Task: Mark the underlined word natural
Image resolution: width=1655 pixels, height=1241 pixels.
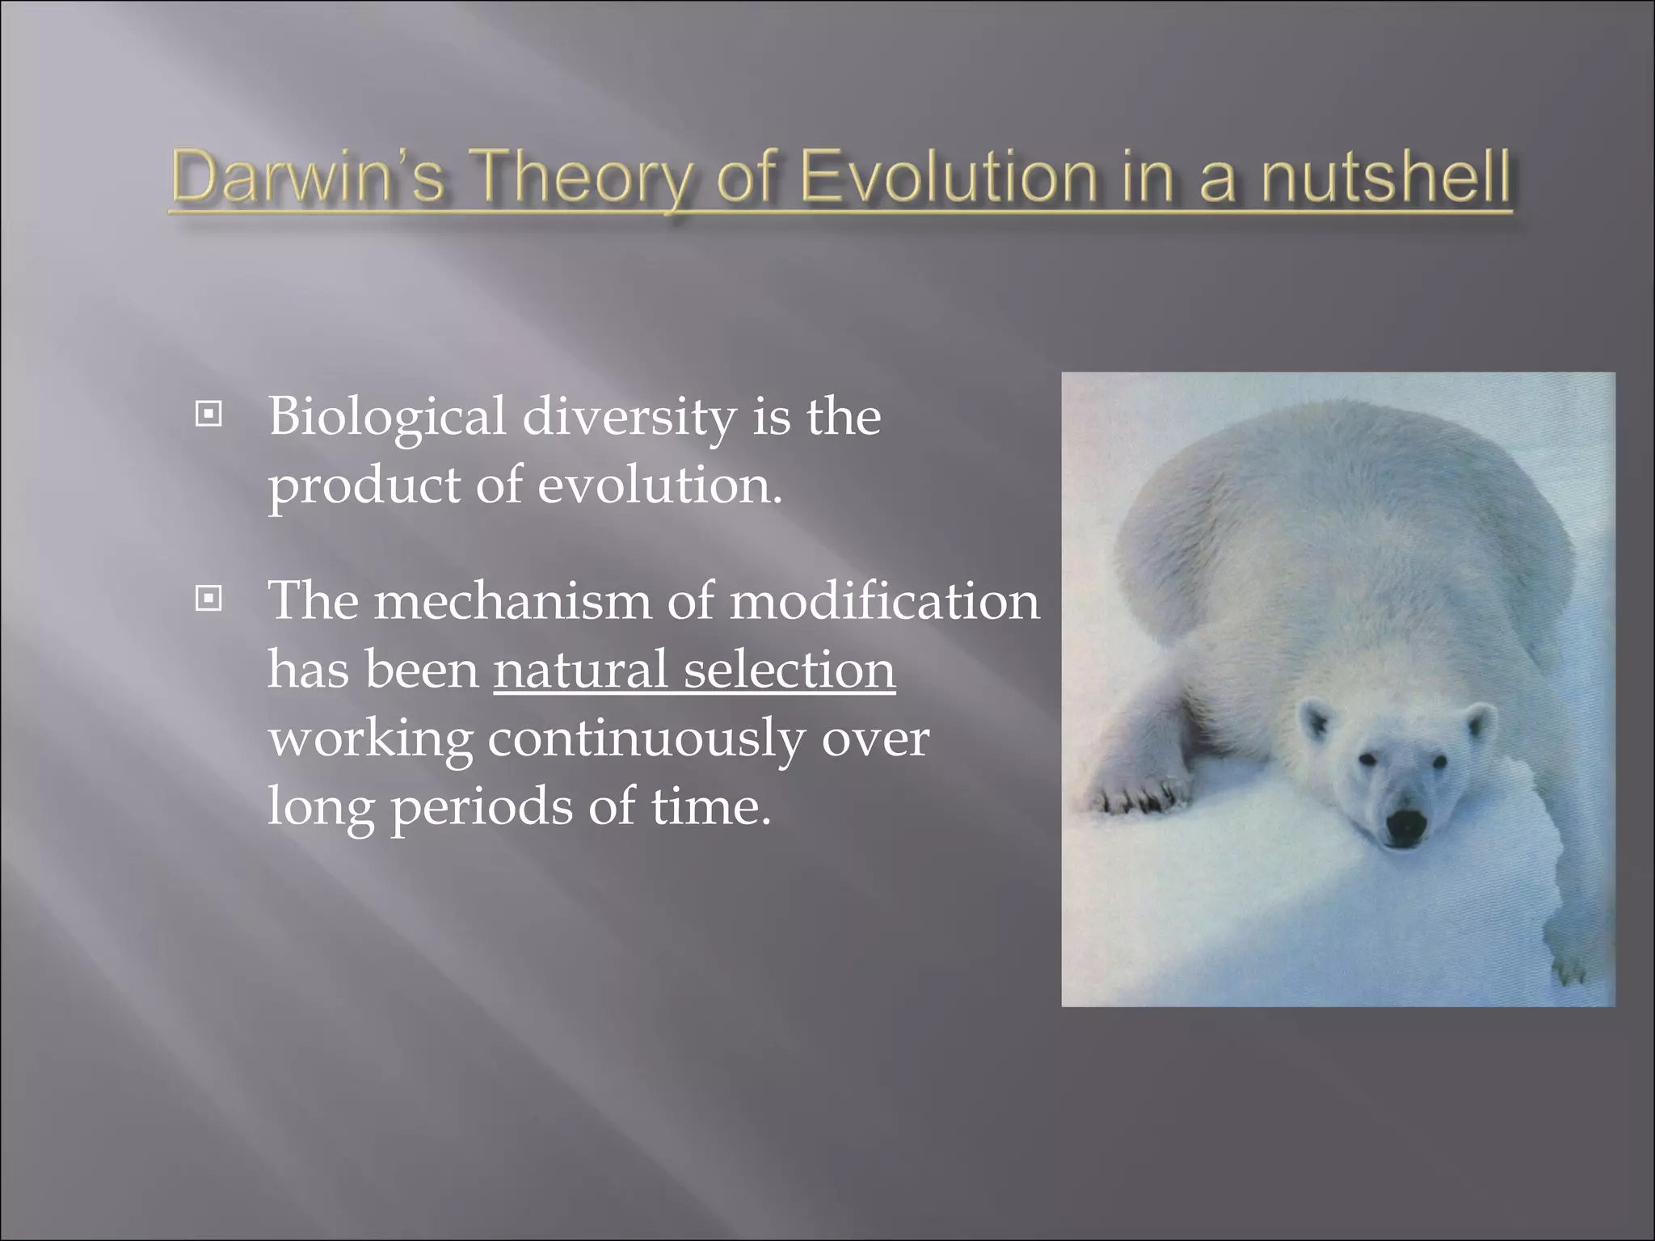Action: coord(580,670)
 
